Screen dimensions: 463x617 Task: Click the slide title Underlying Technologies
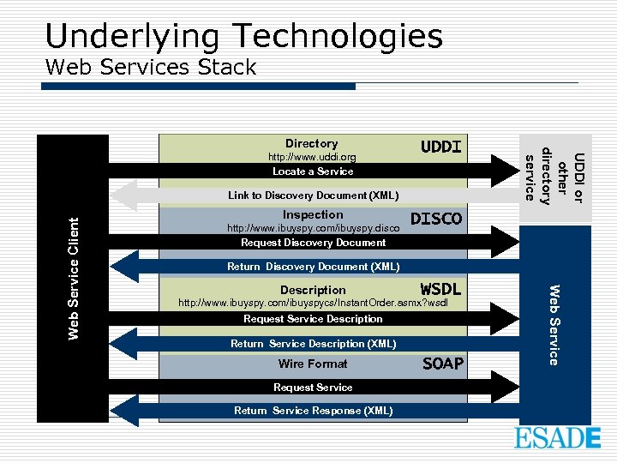coord(243,36)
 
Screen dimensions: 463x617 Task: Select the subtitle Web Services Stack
coord(150,67)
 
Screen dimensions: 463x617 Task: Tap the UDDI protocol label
coord(440,147)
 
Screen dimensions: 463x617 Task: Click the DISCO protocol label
coord(436,219)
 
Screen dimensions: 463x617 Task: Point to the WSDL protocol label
coord(440,288)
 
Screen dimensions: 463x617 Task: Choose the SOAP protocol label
coord(443,364)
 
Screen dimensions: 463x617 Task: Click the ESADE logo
coord(557,438)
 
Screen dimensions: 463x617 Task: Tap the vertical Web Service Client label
coord(75,277)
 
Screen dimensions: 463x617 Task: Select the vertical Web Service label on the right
coord(554,324)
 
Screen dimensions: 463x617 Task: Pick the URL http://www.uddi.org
coord(312,158)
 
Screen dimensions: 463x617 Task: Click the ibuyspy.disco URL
coord(313,229)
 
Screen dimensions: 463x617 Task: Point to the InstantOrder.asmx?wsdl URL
coord(313,304)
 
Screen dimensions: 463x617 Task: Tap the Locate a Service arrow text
coord(313,171)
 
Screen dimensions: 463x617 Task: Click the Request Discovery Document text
coord(313,243)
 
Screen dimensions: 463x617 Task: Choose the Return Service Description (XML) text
coord(313,344)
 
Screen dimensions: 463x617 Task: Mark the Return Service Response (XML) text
coord(313,411)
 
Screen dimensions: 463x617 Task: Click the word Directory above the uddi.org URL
coord(311,143)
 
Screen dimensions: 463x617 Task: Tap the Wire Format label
coord(313,364)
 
